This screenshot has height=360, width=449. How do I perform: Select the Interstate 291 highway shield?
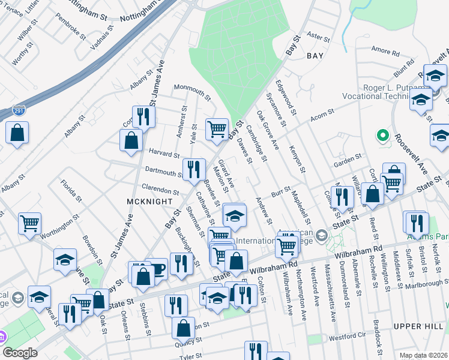19,111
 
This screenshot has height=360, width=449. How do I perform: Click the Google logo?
20,353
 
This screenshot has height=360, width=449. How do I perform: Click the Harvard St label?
163,154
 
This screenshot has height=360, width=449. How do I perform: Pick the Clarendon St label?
159,191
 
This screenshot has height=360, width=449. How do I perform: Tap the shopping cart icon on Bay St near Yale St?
217,128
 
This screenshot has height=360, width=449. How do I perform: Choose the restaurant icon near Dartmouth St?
193,169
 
